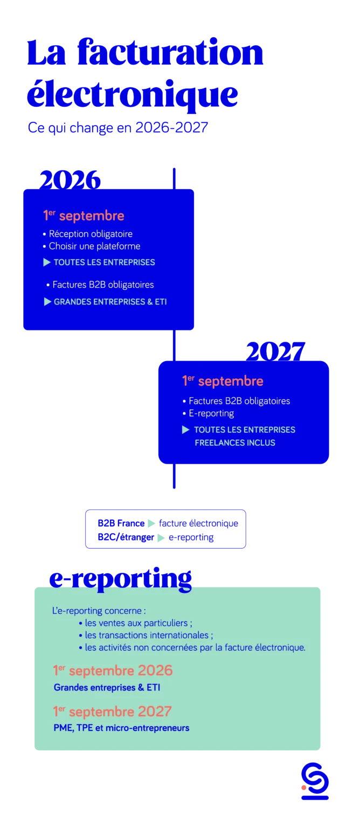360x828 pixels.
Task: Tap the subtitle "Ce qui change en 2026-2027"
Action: tap(117, 127)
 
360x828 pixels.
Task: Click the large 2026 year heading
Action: tap(70, 179)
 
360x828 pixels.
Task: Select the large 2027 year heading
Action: tap(275, 351)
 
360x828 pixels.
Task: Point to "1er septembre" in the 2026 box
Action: tap(84, 216)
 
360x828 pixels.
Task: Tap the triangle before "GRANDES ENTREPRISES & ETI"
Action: tap(47, 302)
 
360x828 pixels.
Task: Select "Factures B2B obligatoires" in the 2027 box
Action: tap(239, 401)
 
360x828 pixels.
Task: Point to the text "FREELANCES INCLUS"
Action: tap(235, 443)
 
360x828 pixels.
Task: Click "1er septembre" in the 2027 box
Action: tap(223, 381)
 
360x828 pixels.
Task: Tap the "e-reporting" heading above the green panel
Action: tap(120, 578)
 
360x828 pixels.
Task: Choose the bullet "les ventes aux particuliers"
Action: tap(139, 623)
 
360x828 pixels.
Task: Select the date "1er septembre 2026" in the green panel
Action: tap(113, 671)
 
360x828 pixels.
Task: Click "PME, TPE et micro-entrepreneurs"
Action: tap(121, 728)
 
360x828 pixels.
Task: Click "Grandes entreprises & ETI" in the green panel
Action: tap(107, 688)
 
